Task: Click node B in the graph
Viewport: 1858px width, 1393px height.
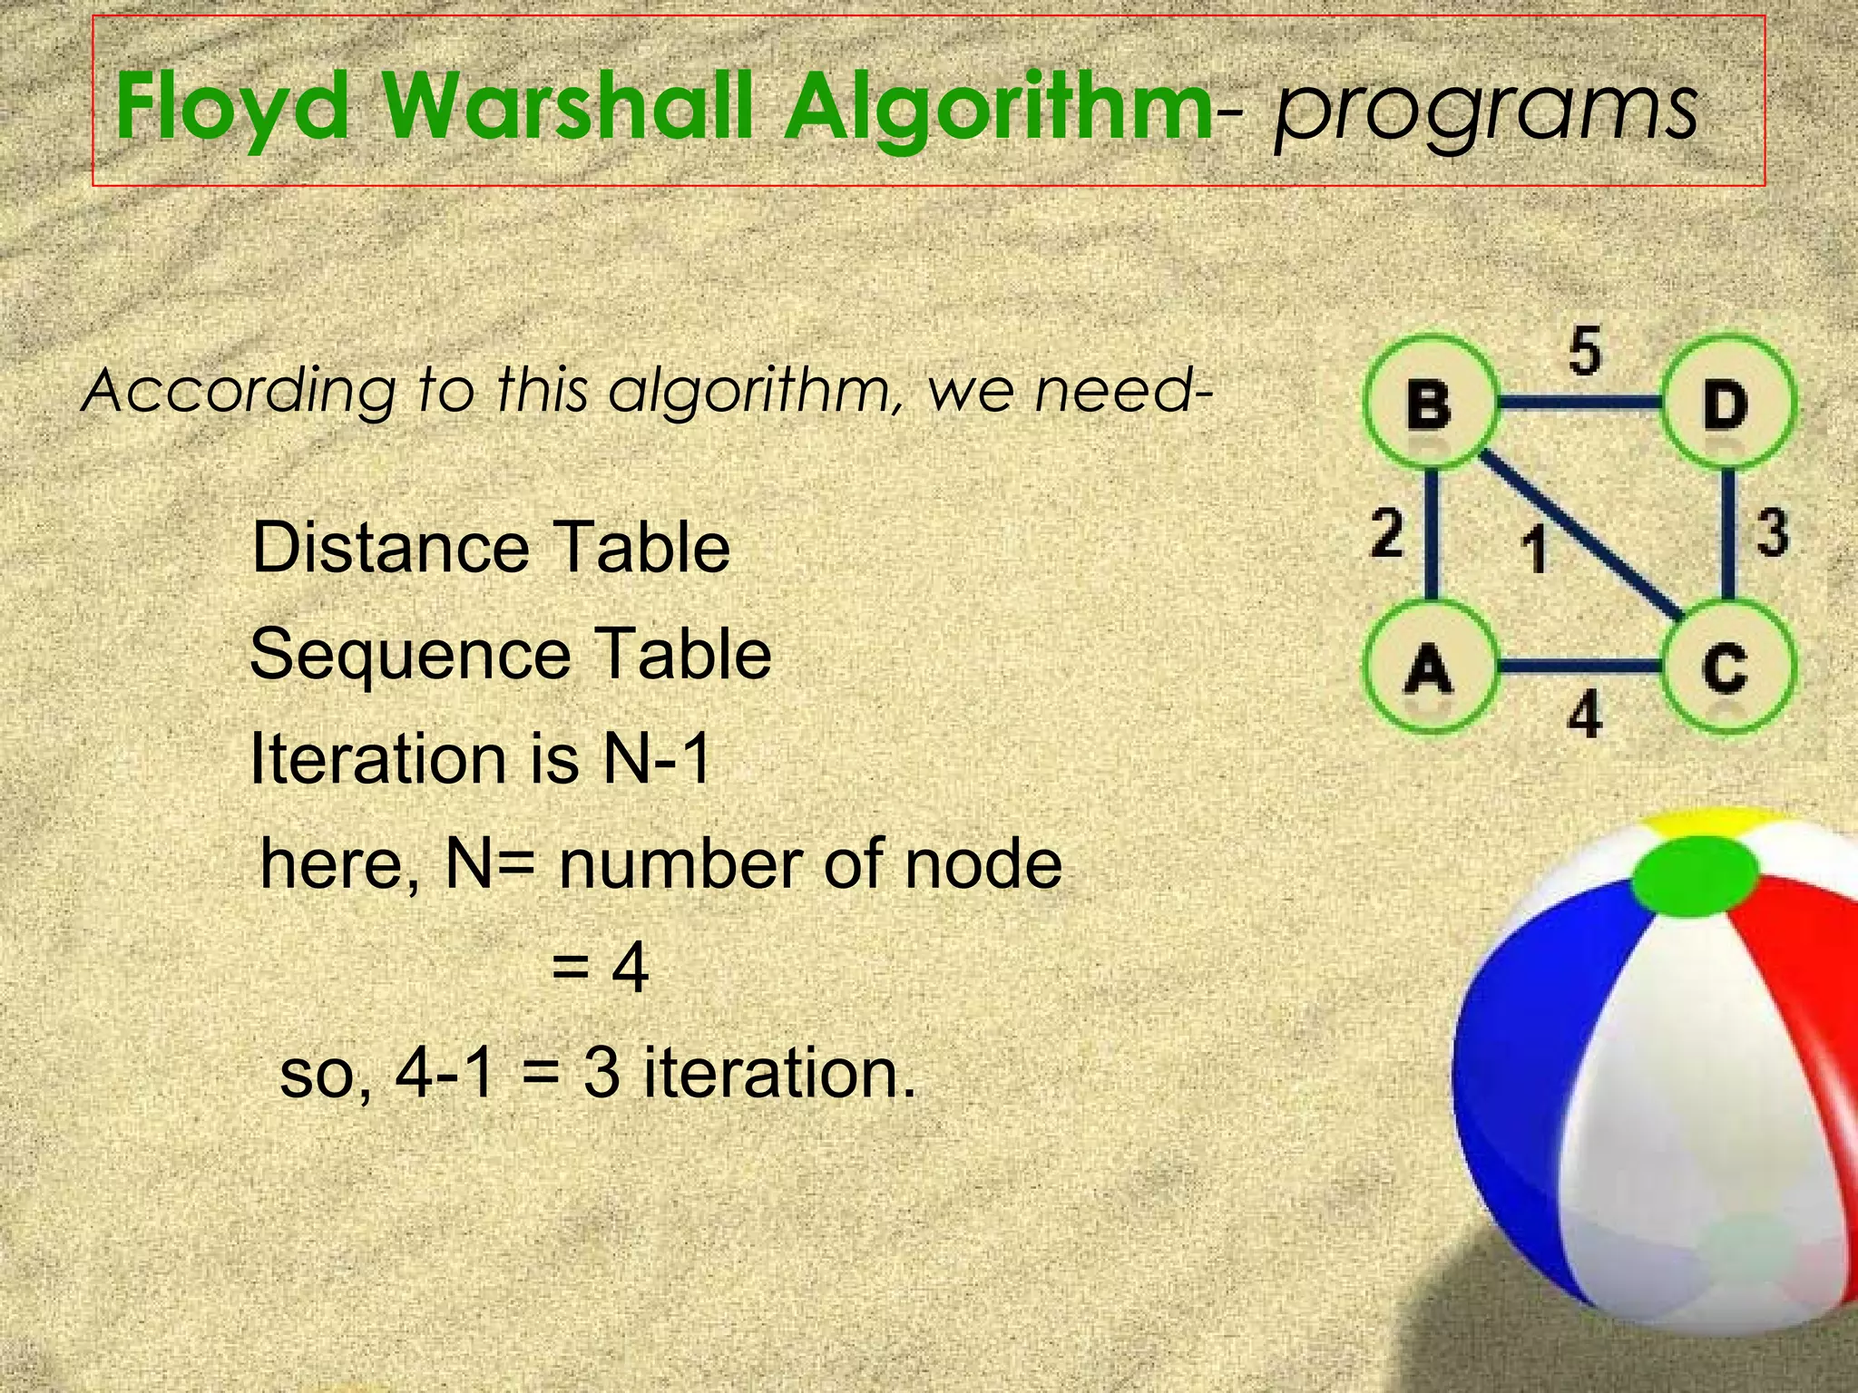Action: point(1429,404)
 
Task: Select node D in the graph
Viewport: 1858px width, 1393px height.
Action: point(1726,404)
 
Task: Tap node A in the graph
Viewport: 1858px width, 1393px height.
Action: point(1429,667)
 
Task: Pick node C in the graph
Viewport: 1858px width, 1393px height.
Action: point(1726,667)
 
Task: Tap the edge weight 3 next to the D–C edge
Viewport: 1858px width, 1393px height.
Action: point(1773,532)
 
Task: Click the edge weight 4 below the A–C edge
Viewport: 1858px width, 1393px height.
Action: point(1585,716)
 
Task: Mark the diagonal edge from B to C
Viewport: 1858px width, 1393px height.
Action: point(1583,535)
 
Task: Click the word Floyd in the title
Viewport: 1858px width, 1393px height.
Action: point(232,109)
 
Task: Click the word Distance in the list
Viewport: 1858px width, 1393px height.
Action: point(390,548)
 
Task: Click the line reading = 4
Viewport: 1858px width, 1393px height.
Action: point(600,968)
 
